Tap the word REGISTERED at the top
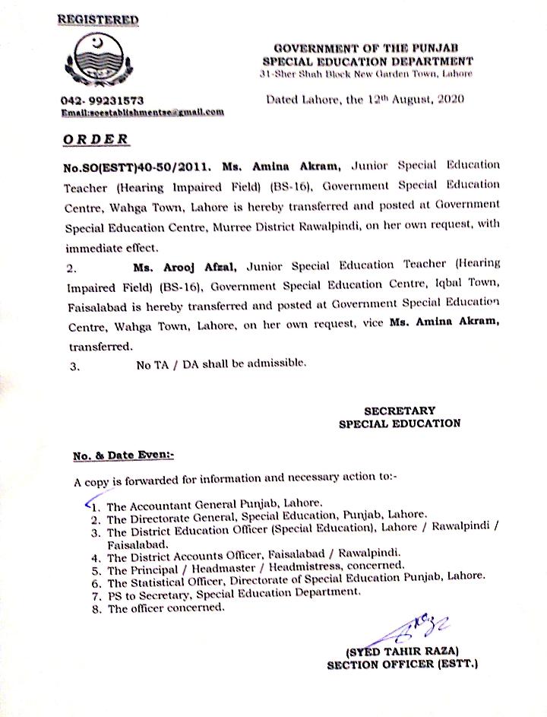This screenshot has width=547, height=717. pos(99,18)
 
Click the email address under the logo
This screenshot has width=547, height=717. pos(142,113)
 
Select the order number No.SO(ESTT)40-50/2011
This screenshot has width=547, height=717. pos(138,165)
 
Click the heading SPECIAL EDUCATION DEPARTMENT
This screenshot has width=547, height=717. pos(368,61)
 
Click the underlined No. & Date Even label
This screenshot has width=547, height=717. pos(123,455)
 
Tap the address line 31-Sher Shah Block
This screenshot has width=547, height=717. pos(365,74)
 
